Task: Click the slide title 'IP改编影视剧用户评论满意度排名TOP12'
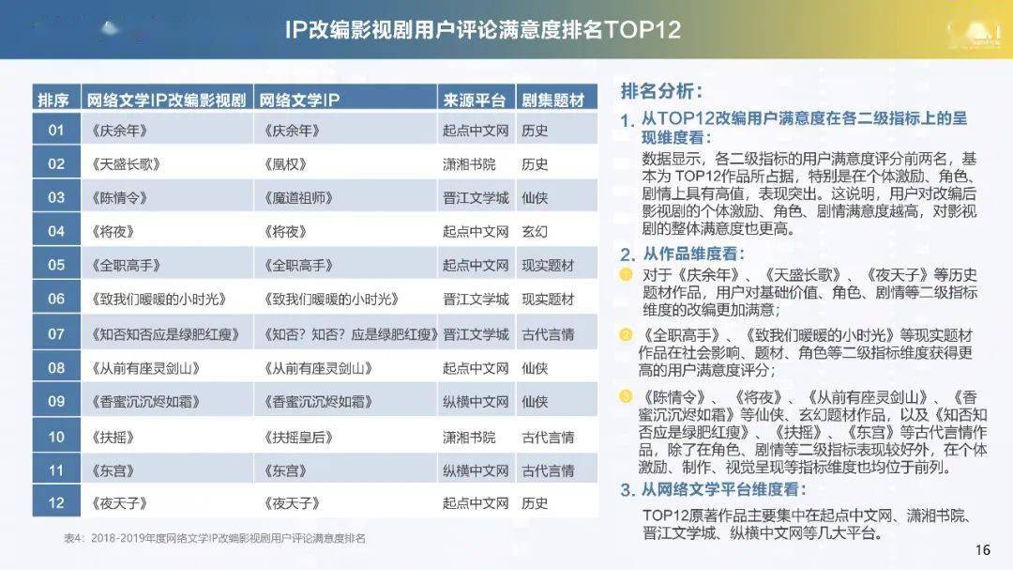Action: (x=483, y=30)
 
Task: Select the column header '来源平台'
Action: (x=475, y=100)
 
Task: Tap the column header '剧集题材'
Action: (x=553, y=100)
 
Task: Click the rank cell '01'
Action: (x=56, y=130)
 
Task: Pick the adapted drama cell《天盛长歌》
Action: (x=126, y=164)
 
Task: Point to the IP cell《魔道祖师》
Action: (x=298, y=198)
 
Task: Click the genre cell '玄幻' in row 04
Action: (x=535, y=232)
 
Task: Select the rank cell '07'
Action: (x=56, y=334)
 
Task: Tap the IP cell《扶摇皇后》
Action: (x=298, y=438)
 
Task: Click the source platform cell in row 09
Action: (x=476, y=402)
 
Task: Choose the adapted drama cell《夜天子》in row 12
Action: (x=119, y=503)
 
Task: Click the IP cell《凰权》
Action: (x=285, y=164)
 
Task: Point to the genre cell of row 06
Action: (x=548, y=299)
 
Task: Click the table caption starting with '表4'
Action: (x=215, y=538)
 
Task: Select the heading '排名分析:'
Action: (x=661, y=91)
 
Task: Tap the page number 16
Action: (x=983, y=550)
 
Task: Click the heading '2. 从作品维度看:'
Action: (x=682, y=254)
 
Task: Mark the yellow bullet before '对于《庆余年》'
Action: (x=626, y=274)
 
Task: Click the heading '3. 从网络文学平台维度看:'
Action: (x=713, y=490)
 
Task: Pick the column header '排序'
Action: (x=53, y=100)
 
